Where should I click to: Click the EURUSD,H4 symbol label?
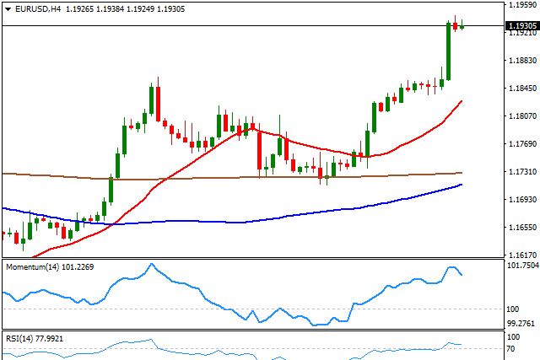[x=35, y=8]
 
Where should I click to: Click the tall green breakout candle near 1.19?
[x=448, y=51]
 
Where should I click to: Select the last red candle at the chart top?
[x=456, y=25]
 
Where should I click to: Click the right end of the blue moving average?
[x=461, y=185]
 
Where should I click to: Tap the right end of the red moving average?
[x=461, y=101]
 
